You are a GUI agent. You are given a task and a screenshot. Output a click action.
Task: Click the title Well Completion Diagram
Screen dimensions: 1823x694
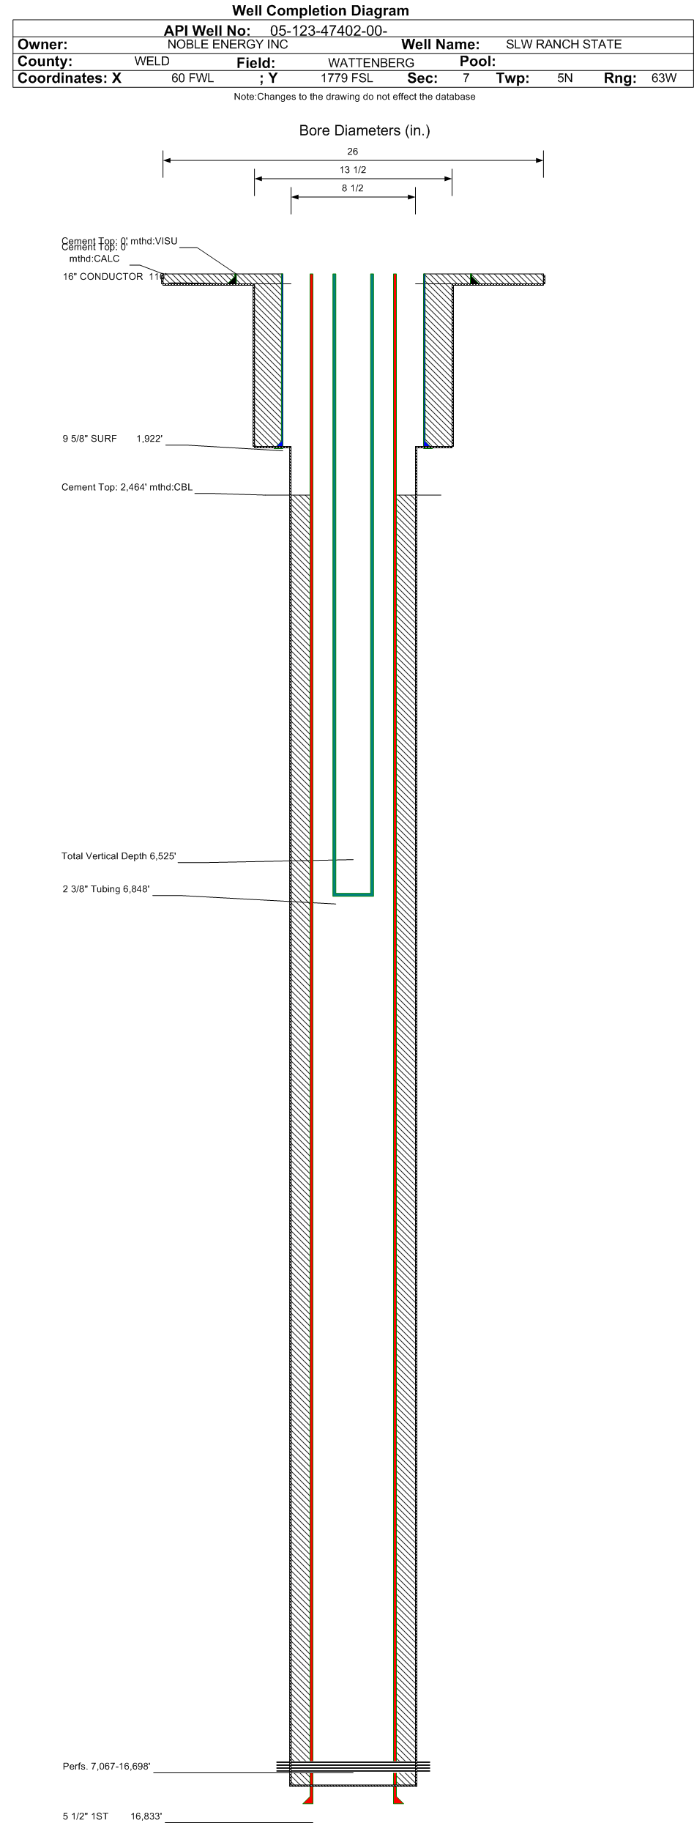[x=320, y=11]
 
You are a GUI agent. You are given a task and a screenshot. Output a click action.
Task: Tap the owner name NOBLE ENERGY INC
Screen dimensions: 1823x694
[x=228, y=44]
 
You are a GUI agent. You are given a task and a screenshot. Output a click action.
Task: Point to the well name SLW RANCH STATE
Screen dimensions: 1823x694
[x=563, y=44]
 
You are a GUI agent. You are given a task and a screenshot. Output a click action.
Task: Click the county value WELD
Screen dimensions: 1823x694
[x=152, y=62]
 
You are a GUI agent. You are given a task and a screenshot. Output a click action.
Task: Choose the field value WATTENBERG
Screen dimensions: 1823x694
[x=370, y=63]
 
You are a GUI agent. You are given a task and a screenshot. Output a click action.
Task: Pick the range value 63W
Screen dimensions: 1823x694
[x=663, y=78]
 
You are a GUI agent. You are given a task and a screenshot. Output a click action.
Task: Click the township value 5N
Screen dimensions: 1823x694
[x=564, y=78]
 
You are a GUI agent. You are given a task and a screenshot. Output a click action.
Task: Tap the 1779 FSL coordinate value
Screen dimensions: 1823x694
[x=346, y=78]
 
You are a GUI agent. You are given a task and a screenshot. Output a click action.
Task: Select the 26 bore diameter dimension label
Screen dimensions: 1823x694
[x=352, y=152]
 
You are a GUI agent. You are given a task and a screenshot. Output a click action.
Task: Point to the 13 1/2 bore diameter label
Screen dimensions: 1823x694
[x=352, y=170]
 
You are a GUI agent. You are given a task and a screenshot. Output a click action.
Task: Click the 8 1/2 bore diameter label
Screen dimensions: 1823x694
[x=352, y=188]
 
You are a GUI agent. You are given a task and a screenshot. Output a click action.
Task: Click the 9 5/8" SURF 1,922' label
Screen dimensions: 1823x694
[x=112, y=439]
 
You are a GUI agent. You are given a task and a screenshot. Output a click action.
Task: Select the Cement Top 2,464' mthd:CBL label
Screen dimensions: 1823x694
[x=127, y=487]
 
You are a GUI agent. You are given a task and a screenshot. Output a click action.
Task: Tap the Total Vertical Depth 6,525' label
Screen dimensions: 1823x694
[x=119, y=856]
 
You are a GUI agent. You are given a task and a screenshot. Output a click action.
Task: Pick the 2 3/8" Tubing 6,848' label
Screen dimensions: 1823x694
[x=106, y=889]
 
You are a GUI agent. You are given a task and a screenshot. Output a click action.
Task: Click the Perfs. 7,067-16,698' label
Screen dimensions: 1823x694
[x=106, y=1767]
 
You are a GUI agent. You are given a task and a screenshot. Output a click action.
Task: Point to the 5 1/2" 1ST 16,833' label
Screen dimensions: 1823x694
[x=112, y=1816]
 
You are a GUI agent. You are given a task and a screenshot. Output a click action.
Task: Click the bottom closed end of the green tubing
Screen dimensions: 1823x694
[x=353, y=894]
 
